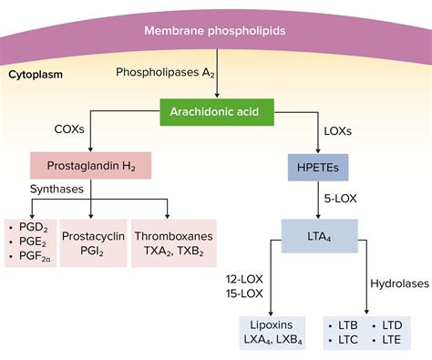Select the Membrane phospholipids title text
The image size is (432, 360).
tap(215, 32)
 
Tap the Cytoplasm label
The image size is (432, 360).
tap(36, 73)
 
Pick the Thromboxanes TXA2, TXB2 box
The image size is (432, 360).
tap(173, 243)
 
